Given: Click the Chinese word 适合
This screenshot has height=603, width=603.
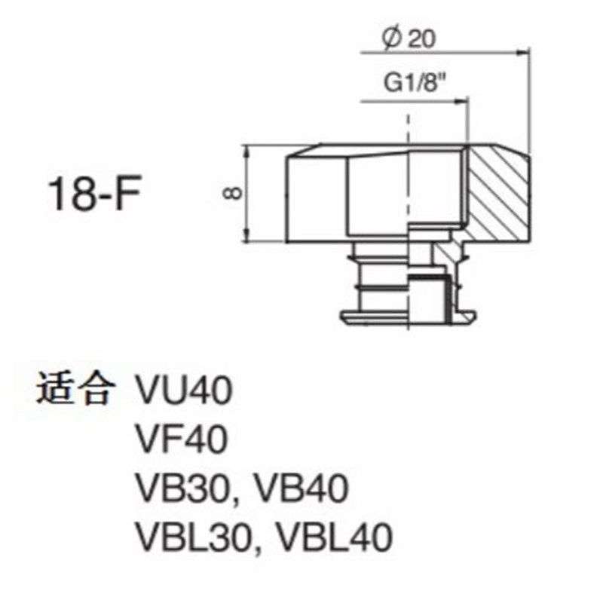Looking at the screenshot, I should [76, 391].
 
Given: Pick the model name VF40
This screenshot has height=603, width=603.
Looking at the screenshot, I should [182, 440].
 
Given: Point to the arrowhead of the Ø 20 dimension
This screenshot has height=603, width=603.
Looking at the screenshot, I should [522, 53].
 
